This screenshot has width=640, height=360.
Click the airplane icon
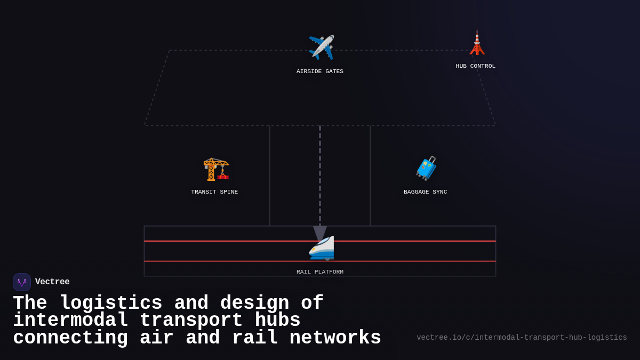(x=321, y=47)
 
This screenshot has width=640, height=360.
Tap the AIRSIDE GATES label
(x=320, y=71)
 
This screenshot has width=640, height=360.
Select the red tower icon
(x=477, y=43)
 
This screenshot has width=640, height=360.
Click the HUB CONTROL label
(x=476, y=66)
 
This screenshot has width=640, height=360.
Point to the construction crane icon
(x=215, y=169)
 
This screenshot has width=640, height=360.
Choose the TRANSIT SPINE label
(x=214, y=192)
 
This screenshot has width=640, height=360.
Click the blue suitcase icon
(x=426, y=168)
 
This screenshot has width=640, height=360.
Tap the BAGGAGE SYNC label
(x=425, y=192)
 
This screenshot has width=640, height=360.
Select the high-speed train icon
(x=322, y=248)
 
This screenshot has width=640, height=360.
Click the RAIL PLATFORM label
(x=320, y=272)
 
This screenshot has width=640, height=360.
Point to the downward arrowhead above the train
(x=320, y=233)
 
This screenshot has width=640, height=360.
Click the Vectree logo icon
(x=22, y=282)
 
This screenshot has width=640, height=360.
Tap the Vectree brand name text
(x=52, y=282)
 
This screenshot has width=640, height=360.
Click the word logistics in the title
(x=111, y=303)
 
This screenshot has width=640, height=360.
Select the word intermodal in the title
(x=70, y=321)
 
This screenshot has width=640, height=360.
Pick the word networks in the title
(x=335, y=338)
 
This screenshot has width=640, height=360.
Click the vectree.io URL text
(x=522, y=338)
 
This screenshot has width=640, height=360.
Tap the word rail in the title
(x=255, y=338)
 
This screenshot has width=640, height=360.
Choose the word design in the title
(x=254, y=303)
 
